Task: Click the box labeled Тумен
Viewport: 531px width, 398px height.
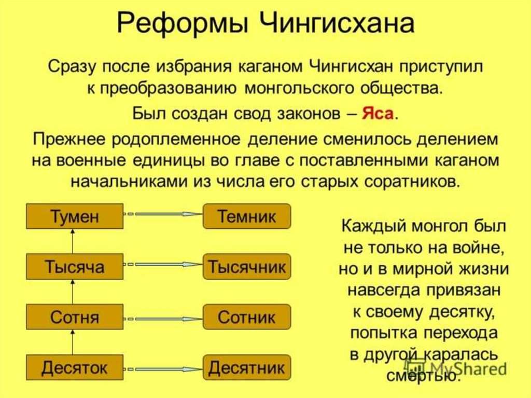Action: tap(75, 216)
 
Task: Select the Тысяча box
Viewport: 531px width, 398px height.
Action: tap(75, 267)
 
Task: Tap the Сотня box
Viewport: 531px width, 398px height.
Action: tap(75, 317)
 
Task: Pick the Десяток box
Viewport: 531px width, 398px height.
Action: tap(75, 368)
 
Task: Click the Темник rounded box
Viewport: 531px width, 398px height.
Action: tap(247, 216)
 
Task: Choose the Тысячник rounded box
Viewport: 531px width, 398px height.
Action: tap(247, 267)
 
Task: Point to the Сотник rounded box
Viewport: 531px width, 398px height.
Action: tap(247, 317)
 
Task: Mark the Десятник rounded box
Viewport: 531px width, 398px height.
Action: tap(247, 368)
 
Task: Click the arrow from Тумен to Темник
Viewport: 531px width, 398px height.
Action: tap(163, 214)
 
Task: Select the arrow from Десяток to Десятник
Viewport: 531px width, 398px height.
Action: tap(163, 369)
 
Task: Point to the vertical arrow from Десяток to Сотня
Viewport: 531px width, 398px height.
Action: tap(73, 342)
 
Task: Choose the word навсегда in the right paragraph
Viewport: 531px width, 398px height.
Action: tap(379, 290)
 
